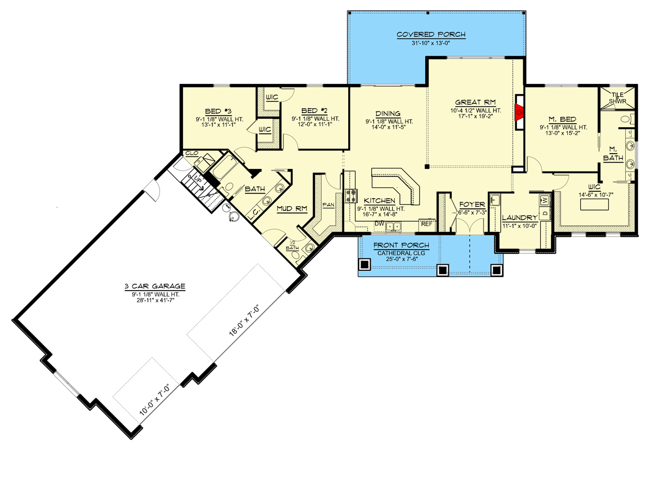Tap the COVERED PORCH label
431,34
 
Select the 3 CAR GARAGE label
155,287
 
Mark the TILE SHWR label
618,98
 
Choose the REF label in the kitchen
426,224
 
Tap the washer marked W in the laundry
544,199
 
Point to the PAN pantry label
328,204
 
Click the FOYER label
472,204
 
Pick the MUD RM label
292,208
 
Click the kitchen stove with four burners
352,195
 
